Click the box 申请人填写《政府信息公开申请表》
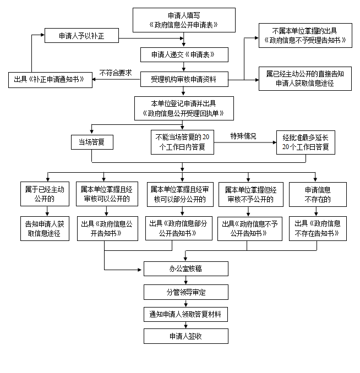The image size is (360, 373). tap(184, 20)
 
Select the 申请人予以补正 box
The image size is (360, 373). tap(81, 37)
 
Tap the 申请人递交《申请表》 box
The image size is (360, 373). tap(184, 55)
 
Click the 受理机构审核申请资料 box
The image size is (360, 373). tap(184, 79)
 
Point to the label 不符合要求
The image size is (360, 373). tap(116, 72)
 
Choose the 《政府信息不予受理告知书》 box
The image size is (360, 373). tap(305, 35)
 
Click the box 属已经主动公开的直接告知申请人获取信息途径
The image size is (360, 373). tap(305, 79)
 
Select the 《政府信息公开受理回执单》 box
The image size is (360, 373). tap(184, 109)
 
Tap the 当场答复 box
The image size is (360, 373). tap(92, 142)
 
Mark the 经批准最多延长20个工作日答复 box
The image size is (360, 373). tap(306, 142)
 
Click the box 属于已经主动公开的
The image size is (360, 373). tap(45, 194)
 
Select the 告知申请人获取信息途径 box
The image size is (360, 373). tap(45, 228)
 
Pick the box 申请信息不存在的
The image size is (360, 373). tap(318, 194)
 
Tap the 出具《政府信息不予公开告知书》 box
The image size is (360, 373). tap(248, 228)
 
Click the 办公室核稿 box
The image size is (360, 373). tap(185, 269)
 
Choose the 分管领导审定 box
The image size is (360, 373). tap(185, 292)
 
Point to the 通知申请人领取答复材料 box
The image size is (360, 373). tap(185, 314)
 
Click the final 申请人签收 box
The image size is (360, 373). tap(185, 336)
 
